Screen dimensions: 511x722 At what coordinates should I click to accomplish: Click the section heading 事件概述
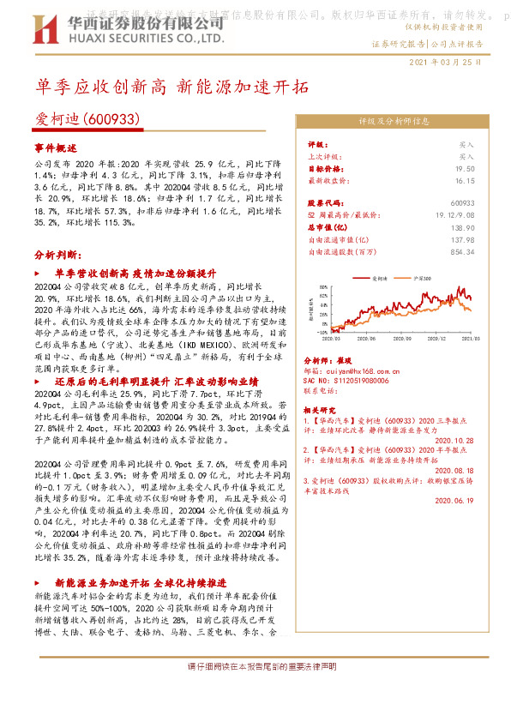(57, 147)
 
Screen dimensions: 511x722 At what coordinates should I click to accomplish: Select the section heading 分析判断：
(57, 256)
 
